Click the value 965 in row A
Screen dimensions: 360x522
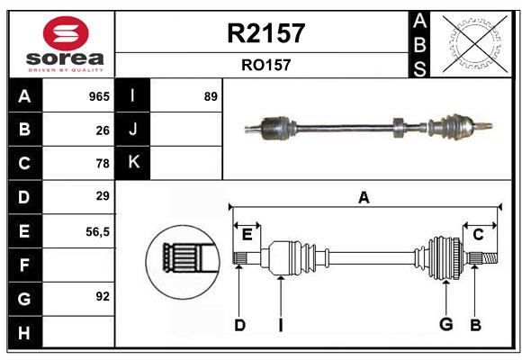pyautogui.click(x=99, y=96)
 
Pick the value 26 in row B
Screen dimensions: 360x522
pyautogui.click(x=103, y=130)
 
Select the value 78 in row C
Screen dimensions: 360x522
pyautogui.click(x=103, y=164)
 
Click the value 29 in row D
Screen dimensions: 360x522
pyautogui.click(x=103, y=196)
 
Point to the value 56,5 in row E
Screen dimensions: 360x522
pyautogui.click(x=97, y=231)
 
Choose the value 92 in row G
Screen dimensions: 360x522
pyautogui.click(x=103, y=296)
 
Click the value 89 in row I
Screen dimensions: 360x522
pyautogui.click(x=211, y=96)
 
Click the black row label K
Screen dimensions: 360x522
pyautogui.click(x=133, y=163)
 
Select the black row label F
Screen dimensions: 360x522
pyautogui.click(x=24, y=265)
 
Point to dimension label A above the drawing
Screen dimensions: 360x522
pyautogui.click(x=364, y=197)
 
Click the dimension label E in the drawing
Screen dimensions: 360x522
pyautogui.click(x=247, y=234)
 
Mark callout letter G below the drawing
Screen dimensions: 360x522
pyautogui.click(x=445, y=325)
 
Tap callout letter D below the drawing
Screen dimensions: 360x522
pyautogui.click(x=239, y=325)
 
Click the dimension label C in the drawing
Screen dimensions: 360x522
pyautogui.click(x=478, y=234)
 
